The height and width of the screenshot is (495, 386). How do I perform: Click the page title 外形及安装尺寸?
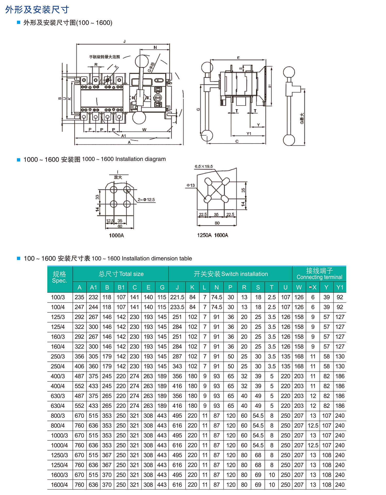(x=37, y=10)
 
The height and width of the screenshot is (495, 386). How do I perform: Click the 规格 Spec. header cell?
(x=59, y=277)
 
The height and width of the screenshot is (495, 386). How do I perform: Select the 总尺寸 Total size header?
(x=121, y=274)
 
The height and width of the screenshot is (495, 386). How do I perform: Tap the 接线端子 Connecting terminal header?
(x=319, y=274)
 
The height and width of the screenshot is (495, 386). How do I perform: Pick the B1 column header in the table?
(x=121, y=287)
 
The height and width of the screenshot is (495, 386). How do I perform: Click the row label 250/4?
(x=58, y=366)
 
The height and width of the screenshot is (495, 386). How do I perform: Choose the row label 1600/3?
(x=59, y=475)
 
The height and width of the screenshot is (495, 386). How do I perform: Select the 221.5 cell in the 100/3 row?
(x=177, y=297)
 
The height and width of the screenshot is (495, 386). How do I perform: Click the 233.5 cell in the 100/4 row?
(x=177, y=307)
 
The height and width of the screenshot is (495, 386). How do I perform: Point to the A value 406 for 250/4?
(x=79, y=366)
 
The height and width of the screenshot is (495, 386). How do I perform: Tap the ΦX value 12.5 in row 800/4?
(x=313, y=426)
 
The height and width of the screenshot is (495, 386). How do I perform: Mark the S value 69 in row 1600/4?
(x=258, y=485)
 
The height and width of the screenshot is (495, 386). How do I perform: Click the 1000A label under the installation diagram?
(x=116, y=235)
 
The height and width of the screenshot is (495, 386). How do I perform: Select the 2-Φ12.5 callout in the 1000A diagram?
(x=146, y=200)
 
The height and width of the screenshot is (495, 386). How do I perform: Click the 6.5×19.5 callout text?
(x=204, y=166)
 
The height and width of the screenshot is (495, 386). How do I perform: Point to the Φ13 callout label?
(x=191, y=185)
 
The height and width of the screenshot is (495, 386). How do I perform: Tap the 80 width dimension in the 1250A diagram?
(x=217, y=223)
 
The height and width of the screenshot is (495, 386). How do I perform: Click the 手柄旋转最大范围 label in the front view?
(x=104, y=57)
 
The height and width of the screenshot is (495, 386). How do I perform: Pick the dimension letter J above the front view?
(x=124, y=41)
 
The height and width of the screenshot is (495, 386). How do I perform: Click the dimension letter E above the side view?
(x=238, y=58)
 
